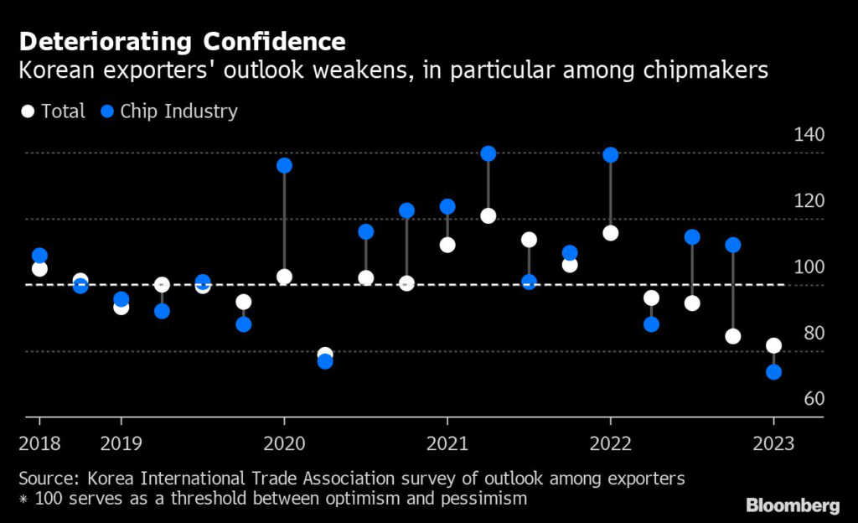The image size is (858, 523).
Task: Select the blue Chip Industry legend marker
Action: point(106,111)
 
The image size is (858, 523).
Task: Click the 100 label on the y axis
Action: point(808,267)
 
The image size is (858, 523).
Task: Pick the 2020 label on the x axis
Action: point(284,442)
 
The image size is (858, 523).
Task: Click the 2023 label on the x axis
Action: point(773,442)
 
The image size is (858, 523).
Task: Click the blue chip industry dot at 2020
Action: point(284,165)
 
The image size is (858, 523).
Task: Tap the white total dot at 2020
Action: point(284,277)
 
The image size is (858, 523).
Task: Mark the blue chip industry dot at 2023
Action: point(773,371)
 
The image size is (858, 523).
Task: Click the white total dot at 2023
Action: point(773,345)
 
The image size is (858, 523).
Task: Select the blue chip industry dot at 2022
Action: point(610,155)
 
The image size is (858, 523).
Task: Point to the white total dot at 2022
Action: point(610,233)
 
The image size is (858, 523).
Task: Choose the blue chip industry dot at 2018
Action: point(39,256)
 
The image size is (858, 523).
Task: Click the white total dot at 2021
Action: point(447,245)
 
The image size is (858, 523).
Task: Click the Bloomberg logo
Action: point(793,505)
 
